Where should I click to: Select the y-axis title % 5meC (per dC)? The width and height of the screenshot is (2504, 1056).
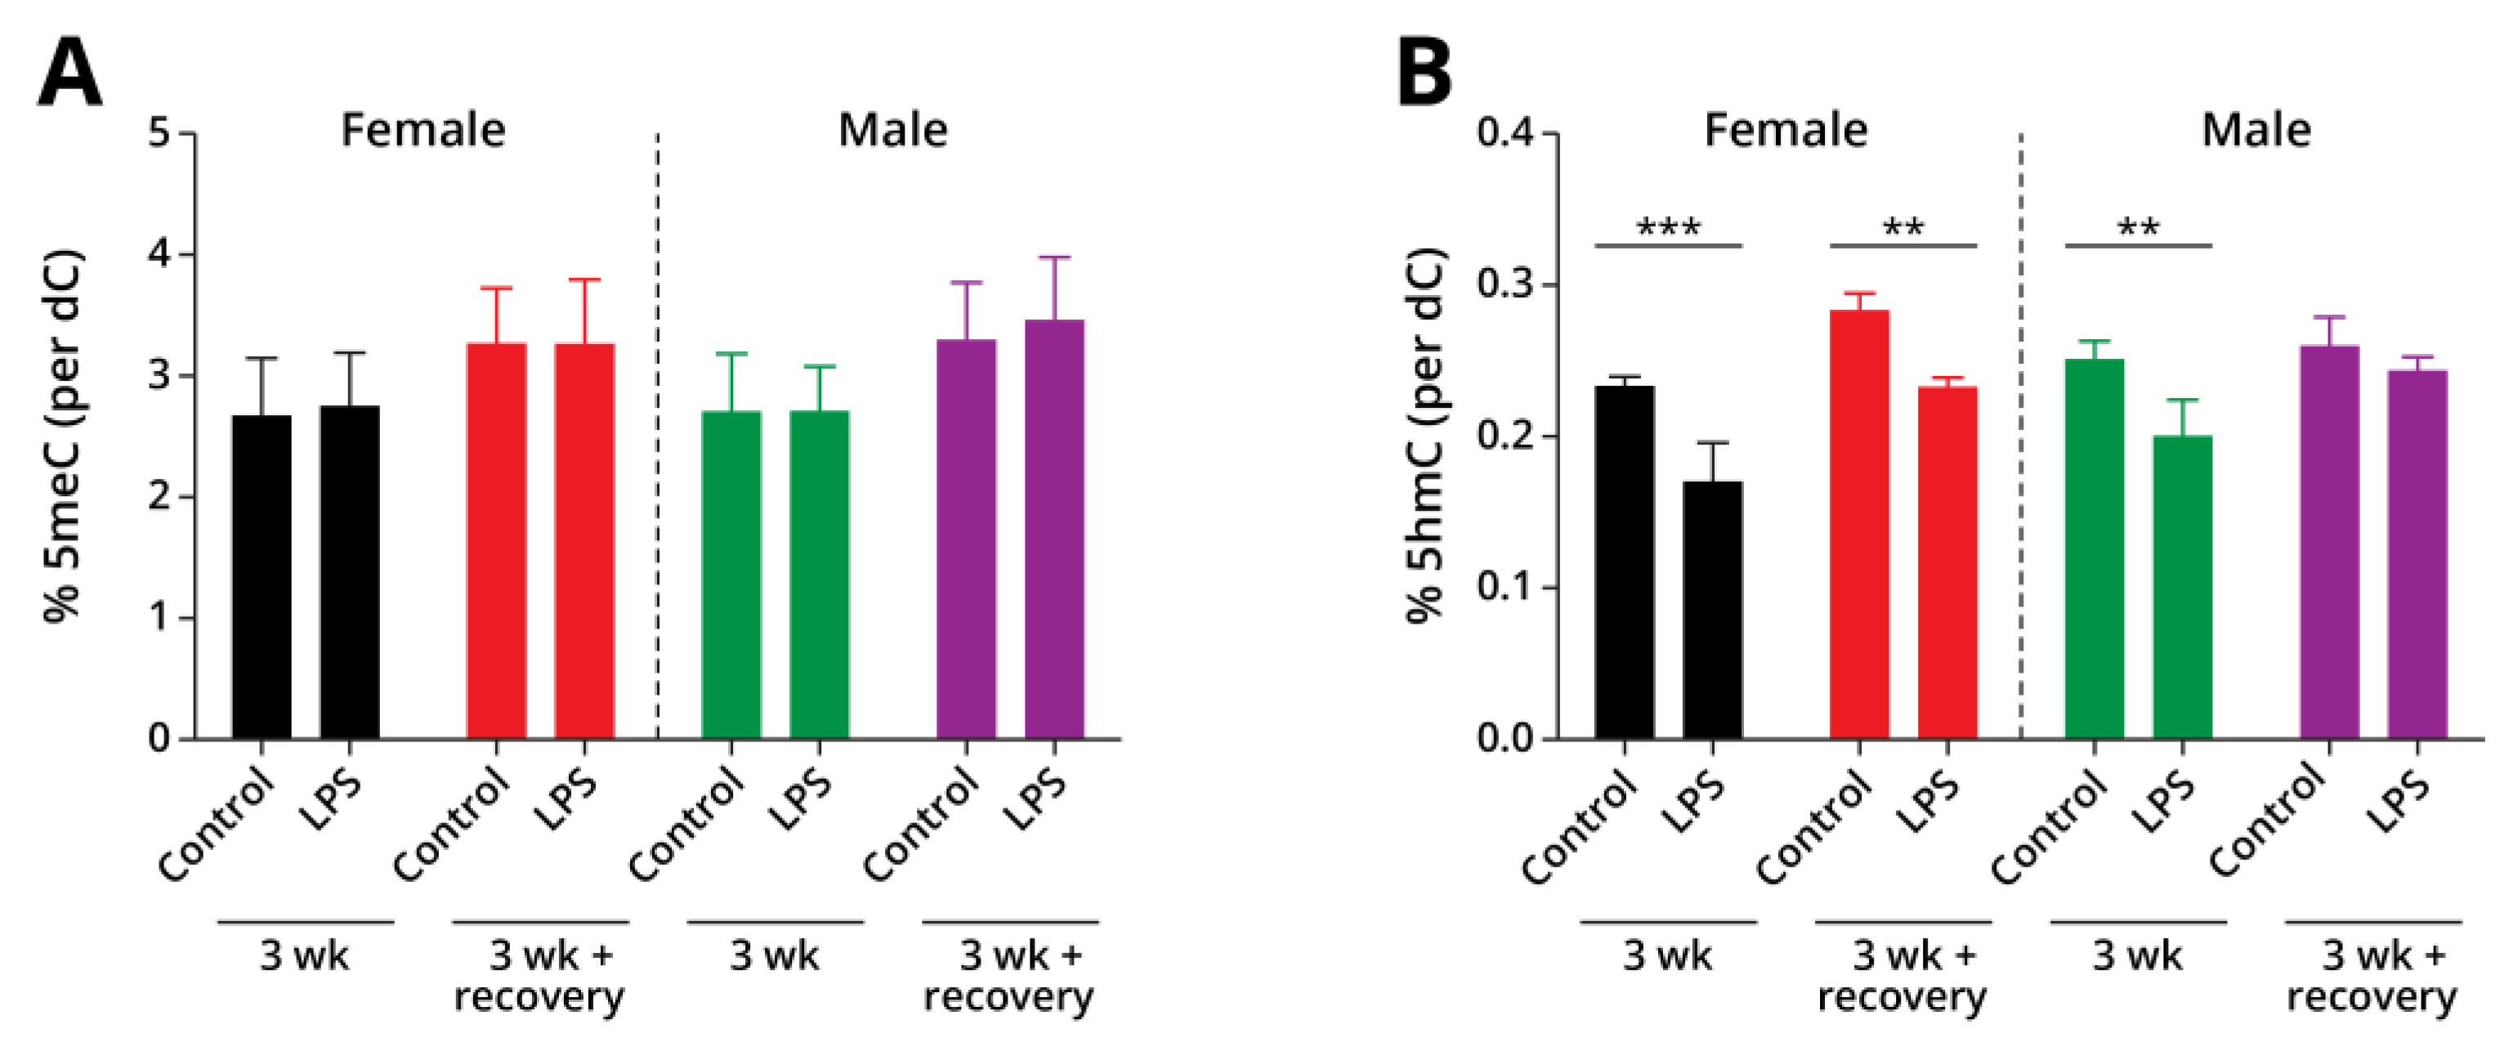(x=65, y=437)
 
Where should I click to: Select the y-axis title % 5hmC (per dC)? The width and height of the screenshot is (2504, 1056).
(x=1427, y=437)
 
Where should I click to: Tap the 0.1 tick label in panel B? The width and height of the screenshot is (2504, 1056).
(x=1504, y=588)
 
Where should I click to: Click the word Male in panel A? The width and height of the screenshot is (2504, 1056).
(x=892, y=130)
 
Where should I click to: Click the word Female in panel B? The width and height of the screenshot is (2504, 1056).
(x=1786, y=130)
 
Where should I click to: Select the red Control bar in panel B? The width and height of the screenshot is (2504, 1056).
(x=1858, y=525)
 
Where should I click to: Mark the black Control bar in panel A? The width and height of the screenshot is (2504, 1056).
(x=262, y=578)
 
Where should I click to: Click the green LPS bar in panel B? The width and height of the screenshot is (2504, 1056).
(x=2182, y=588)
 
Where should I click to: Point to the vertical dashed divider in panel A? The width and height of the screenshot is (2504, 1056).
(x=658, y=437)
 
